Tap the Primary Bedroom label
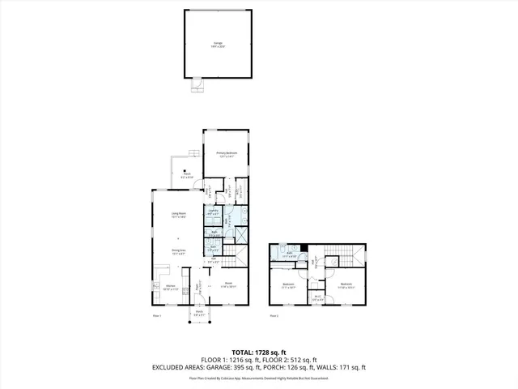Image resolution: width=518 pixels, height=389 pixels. pyautogui.click(x=226, y=153)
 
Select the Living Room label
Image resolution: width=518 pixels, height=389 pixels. pyautogui.click(x=175, y=214)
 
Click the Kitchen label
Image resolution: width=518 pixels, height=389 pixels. pyautogui.click(x=171, y=286)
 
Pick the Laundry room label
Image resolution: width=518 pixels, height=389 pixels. pyautogui.click(x=213, y=213)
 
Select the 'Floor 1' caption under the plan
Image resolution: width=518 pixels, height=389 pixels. pyautogui.click(x=158, y=315)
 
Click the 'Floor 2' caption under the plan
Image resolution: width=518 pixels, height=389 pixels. pyautogui.click(x=274, y=315)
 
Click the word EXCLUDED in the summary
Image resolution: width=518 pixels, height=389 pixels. pyautogui.click(x=168, y=367)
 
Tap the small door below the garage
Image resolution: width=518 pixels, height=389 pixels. pyautogui.click(x=197, y=83)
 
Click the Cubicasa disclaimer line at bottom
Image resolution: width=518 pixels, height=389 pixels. pyautogui.click(x=259, y=378)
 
